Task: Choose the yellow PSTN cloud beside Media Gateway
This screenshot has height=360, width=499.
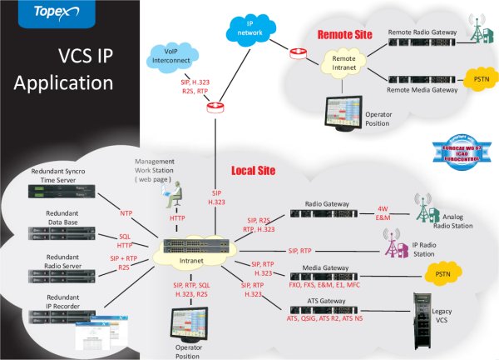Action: coord(436,273)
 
